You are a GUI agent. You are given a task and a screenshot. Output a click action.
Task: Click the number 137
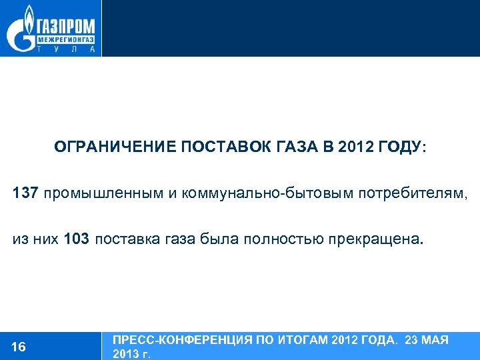[x=26, y=193]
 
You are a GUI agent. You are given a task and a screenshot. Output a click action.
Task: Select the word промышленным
[x=104, y=193]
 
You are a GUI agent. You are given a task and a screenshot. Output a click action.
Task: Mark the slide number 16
[x=19, y=346]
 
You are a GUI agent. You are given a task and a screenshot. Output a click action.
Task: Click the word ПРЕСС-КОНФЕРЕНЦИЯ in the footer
[x=183, y=340]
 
